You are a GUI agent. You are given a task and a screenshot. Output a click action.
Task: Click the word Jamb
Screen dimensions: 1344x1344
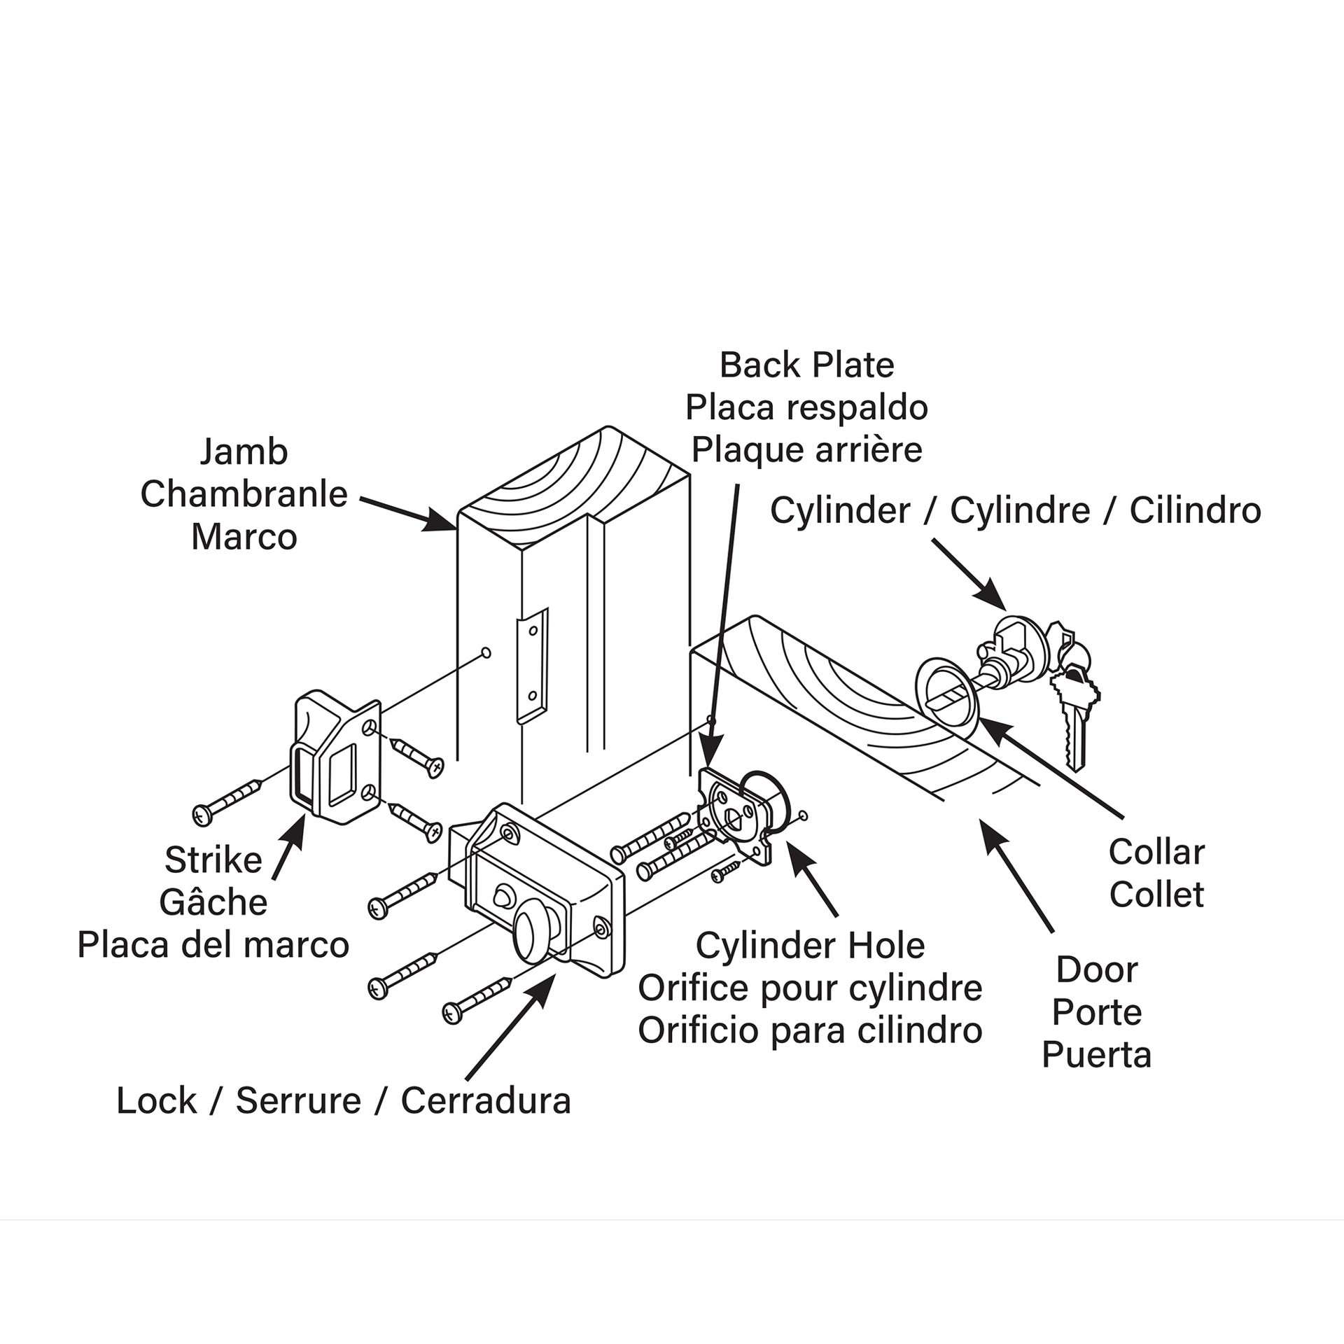tap(244, 452)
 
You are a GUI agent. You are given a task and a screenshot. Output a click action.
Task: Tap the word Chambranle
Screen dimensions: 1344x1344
tap(244, 495)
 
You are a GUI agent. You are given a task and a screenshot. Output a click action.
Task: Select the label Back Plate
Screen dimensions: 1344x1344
tap(806, 365)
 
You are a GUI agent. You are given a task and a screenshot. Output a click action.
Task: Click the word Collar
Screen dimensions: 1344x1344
tap(1156, 853)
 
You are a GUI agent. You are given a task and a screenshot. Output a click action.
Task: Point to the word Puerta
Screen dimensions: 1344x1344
tap(1096, 1055)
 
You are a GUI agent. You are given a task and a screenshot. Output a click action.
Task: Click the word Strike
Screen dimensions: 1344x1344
tap(213, 860)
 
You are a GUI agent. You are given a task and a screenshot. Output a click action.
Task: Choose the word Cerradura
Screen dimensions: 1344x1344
tap(486, 1101)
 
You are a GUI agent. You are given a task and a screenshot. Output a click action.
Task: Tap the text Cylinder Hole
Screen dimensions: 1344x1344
tap(810, 946)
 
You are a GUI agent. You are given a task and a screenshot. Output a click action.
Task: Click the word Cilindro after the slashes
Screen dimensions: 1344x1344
tap(1195, 510)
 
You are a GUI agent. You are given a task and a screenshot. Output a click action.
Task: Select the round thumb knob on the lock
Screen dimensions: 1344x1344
tap(534, 935)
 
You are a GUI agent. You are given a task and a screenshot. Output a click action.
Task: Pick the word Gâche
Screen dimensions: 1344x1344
tap(213, 903)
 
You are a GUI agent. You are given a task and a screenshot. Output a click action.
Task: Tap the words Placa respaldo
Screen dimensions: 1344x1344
tap(806, 408)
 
